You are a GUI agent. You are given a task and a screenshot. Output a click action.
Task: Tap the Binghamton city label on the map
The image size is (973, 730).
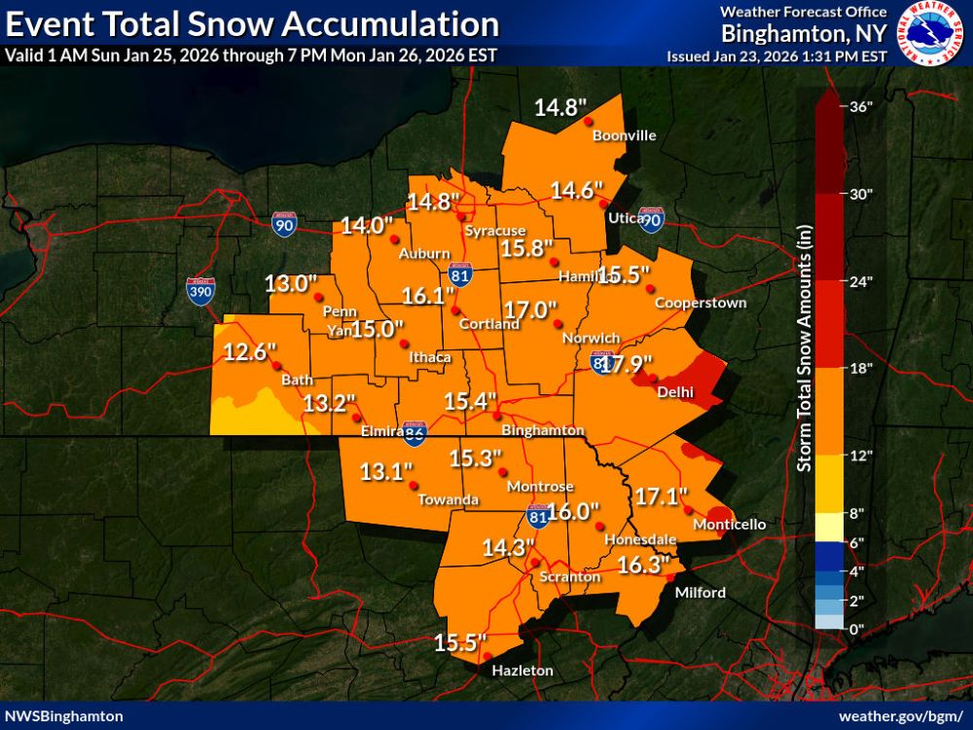[542, 430]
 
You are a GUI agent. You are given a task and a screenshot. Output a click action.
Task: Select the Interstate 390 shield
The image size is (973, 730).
[199, 289]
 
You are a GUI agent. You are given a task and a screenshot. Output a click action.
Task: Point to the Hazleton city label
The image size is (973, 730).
[522, 671]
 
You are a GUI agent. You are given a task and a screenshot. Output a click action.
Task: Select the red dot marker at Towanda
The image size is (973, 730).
[414, 485]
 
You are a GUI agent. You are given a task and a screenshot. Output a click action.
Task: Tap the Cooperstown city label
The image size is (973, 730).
[700, 304]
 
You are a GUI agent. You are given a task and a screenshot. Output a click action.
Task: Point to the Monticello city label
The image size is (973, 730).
[729, 525]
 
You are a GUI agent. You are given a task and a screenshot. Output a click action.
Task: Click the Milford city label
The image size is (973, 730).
[701, 593]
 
